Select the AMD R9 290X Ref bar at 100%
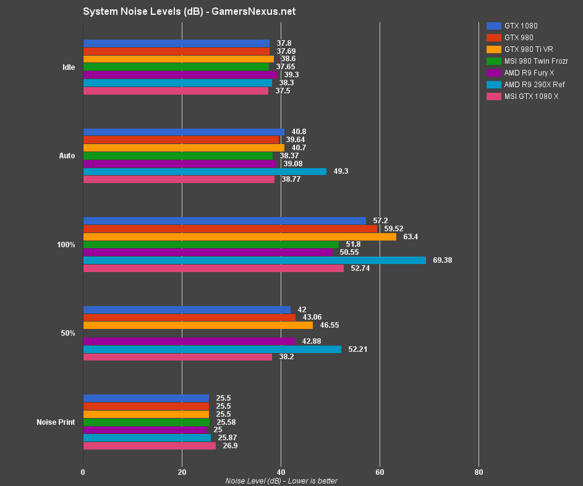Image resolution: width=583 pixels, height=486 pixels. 254,260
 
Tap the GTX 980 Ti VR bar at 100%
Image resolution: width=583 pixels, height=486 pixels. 239,236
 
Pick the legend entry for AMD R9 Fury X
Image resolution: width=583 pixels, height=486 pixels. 529,72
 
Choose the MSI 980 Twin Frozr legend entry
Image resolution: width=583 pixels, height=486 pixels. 536,61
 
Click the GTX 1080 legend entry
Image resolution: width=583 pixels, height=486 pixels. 521,26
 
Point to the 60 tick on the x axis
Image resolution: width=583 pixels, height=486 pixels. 380,472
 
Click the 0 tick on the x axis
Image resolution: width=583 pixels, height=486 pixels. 83,472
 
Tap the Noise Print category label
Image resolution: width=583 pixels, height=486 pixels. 56,422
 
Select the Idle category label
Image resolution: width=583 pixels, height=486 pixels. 69,67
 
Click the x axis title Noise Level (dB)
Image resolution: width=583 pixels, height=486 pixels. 281,481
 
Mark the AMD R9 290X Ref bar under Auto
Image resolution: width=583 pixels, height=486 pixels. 205,171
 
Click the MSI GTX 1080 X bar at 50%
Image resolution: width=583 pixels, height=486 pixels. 177,357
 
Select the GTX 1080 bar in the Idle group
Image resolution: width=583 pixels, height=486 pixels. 176,43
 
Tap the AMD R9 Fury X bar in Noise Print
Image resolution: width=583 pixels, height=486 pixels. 145,430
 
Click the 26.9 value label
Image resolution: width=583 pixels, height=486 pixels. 230,446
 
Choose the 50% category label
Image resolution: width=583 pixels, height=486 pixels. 67,333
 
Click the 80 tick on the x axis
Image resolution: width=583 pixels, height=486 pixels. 479,472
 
